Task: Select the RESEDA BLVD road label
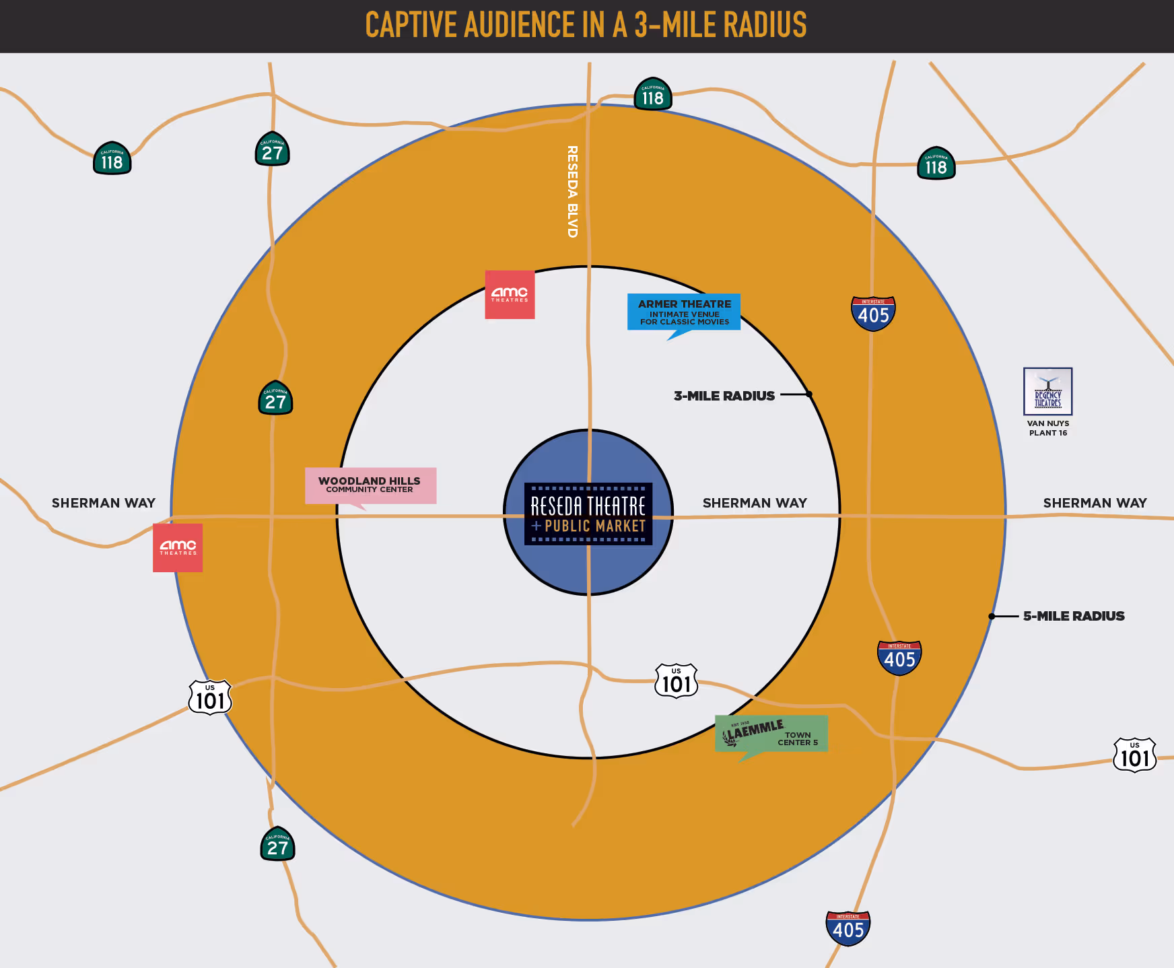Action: coord(572,191)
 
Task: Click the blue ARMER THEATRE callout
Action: coord(684,312)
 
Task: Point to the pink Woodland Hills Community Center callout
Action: coord(370,485)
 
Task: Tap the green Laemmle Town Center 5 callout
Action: coord(771,733)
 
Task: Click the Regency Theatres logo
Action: coord(1047,391)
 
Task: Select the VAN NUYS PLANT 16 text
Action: coord(1048,428)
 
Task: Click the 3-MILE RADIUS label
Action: coord(724,396)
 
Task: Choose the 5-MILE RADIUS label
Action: coord(1074,616)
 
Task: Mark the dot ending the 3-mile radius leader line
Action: coord(809,394)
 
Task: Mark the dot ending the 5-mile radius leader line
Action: coord(992,616)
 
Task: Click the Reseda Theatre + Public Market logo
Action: coord(588,514)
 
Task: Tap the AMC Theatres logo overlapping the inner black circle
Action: coord(510,295)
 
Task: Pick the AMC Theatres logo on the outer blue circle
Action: coord(178,548)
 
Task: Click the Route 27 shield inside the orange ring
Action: coord(275,399)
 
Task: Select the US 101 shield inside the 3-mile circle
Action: coord(677,681)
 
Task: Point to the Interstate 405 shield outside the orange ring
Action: coord(848,928)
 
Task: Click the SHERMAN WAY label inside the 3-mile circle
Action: coord(755,503)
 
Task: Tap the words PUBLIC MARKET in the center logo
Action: coord(595,526)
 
